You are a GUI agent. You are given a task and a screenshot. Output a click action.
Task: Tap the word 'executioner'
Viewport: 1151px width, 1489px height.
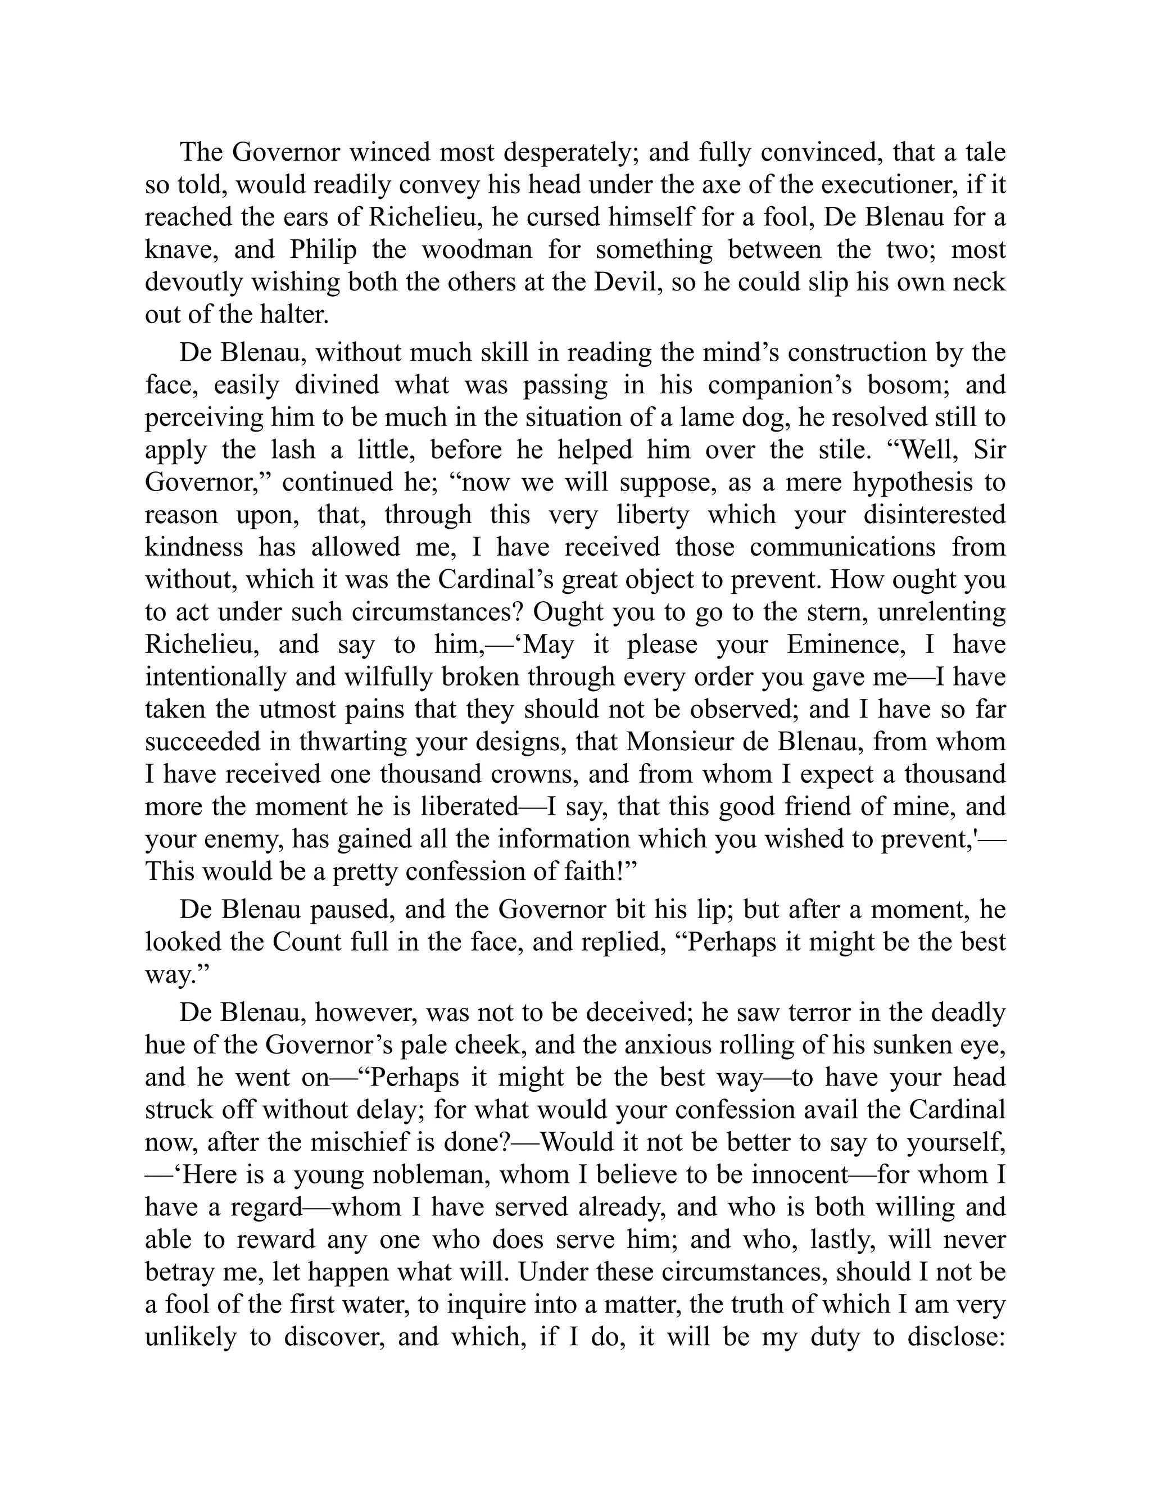tap(879, 185)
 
